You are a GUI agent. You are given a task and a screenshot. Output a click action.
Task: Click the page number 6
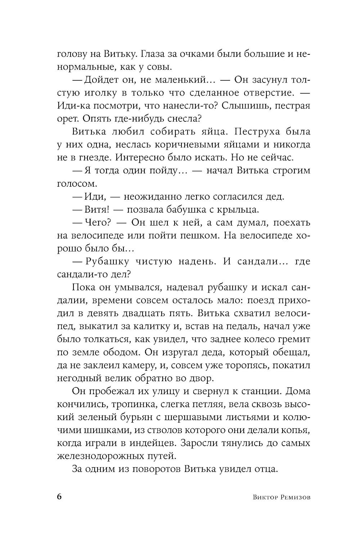(60, 497)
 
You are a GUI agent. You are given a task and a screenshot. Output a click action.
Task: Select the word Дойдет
(99, 80)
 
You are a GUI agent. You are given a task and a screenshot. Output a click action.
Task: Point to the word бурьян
(138, 417)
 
